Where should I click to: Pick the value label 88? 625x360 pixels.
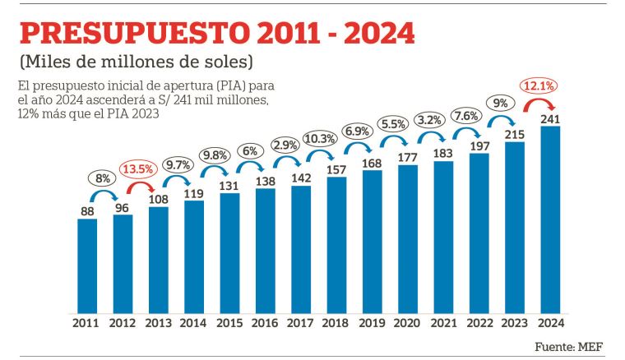tap(87, 210)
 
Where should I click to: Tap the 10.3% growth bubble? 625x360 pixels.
tap(318, 138)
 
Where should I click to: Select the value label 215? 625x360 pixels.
tap(514, 133)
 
